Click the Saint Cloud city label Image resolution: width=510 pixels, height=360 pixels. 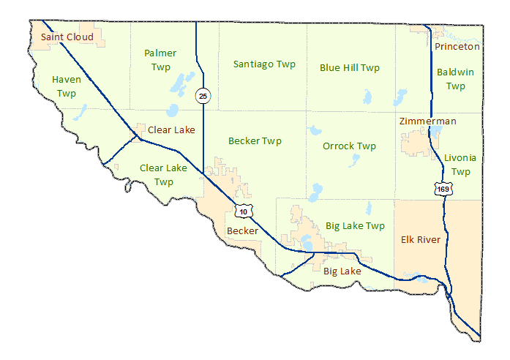(x=67, y=37)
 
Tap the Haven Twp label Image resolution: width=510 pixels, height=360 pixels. (x=66, y=86)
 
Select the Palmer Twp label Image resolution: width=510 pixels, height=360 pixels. (x=160, y=60)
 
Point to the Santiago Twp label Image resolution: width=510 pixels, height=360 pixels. (x=264, y=64)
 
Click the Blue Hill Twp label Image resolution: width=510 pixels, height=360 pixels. (x=350, y=68)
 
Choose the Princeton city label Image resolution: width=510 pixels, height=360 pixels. (x=457, y=47)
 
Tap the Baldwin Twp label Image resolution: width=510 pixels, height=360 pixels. (x=455, y=79)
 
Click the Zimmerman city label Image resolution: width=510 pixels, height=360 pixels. (x=428, y=121)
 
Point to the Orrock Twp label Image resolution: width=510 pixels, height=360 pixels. (x=350, y=146)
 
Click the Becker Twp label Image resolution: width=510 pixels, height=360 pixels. (x=255, y=140)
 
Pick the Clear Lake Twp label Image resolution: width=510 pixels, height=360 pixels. (x=163, y=175)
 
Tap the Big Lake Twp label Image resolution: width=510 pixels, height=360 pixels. (x=355, y=226)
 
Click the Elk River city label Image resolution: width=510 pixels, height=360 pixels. (x=421, y=239)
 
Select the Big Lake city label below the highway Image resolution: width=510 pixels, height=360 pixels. (x=342, y=271)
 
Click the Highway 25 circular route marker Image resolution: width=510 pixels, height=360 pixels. (x=203, y=95)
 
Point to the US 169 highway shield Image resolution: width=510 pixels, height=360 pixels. (x=443, y=190)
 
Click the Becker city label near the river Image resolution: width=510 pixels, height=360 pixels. (x=242, y=231)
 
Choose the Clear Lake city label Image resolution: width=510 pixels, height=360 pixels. (x=171, y=130)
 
